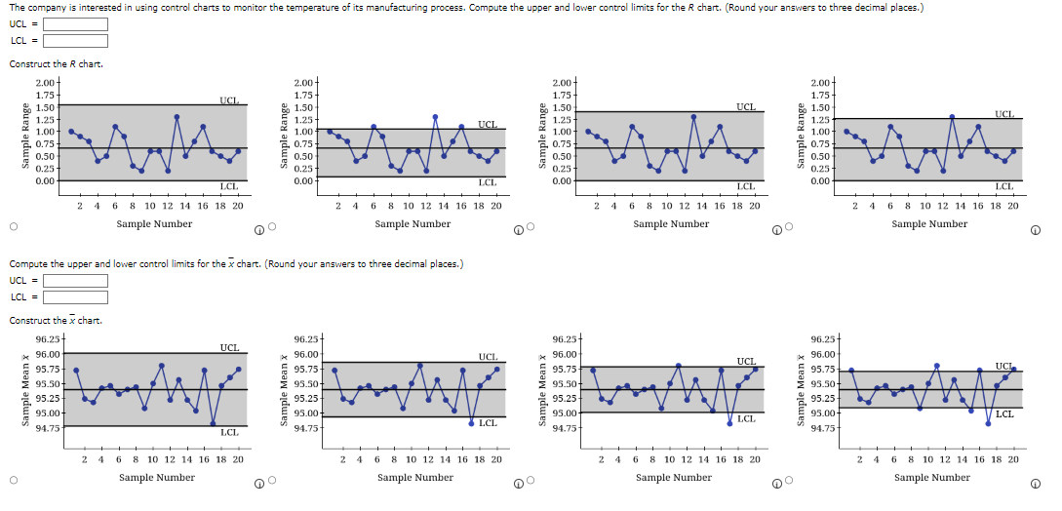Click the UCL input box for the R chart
pyautogui.click(x=74, y=24)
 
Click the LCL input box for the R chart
pyautogui.click(x=74, y=40)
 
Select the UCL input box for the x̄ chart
pyautogui.click(x=74, y=281)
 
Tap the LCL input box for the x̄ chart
pyautogui.click(x=74, y=296)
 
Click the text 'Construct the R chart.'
pyautogui.click(x=56, y=64)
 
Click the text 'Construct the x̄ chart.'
pyautogui.click(x=56, y=321)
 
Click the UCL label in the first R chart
pyautogui.click(x=228, y=99)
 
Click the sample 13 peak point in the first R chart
pyautogui.click(x=177, y=117)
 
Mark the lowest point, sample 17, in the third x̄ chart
pyautogui.click(x=729, y=423)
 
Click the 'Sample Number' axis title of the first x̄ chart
pyautogui.click(x=156, y=477)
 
